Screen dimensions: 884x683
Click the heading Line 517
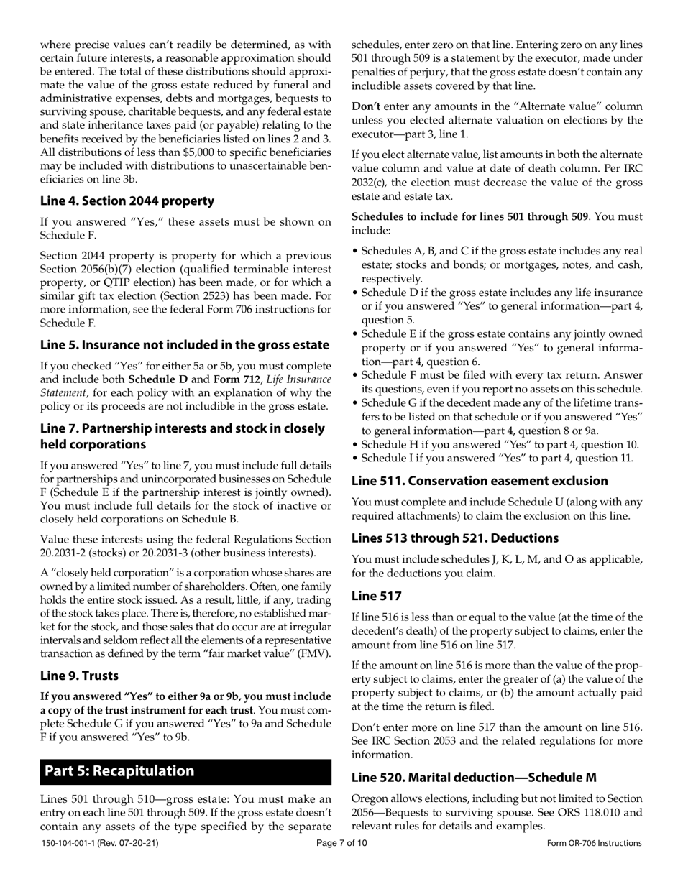pos(376,595)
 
